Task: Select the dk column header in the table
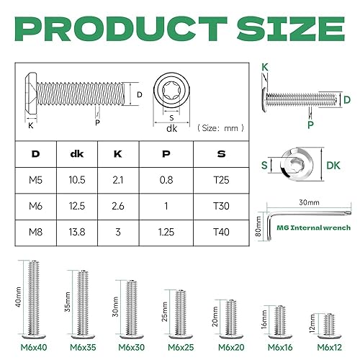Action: [76, 154]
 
